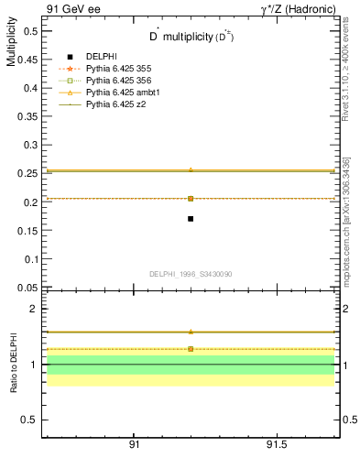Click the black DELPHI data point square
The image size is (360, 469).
pyautogui.click(x=190, y=218)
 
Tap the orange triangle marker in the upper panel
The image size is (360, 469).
pyautogui.click(x=190, y=169)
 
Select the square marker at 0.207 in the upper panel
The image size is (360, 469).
pyautogui.click(x=190, y=198)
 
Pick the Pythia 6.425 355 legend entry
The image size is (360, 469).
pyautogui.click(x=124, y=69)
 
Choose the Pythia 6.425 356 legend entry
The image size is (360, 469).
pyautogui.click(x=124, y=81)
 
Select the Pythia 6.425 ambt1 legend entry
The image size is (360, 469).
pyautogui.click(x=126, y=93)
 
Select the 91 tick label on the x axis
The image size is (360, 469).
pyautogui.click(x=135, y=444)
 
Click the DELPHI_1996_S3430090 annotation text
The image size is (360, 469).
pyautogui.click(x=190, y=274)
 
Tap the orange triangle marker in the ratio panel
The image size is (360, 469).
pyautogui.click(x=190, y=332)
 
